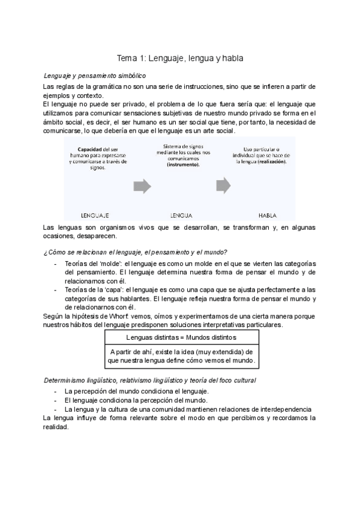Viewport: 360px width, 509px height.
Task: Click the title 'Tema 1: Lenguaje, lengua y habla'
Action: coord(179,58)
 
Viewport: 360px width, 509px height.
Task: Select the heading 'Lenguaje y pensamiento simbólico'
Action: coord(95,76)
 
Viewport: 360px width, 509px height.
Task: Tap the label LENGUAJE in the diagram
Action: coord(95,214)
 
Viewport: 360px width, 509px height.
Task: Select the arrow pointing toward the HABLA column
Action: coord(223,184)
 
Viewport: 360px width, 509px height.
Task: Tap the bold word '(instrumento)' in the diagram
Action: coord(184,163)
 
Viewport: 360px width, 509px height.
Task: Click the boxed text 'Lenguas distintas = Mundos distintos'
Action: coord(181,338)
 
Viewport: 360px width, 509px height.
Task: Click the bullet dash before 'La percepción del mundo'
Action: coord(55,391)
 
